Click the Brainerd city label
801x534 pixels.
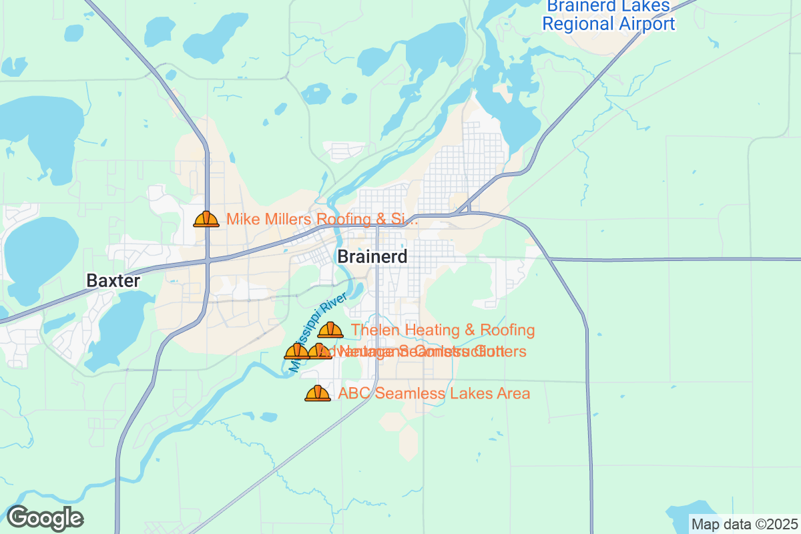coord(372,256)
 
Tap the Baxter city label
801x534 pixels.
coord(113,281)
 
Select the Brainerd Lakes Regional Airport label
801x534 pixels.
coord(608,15)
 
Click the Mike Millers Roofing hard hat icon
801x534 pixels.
coord(206,219)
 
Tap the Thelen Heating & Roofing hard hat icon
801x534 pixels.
coord(330,330)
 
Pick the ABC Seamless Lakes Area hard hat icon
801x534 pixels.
coord(318,393)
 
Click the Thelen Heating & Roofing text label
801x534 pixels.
coord(443,330)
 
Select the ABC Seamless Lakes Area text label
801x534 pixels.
coord(434,393)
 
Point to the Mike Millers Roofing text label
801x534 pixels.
coord(322,219)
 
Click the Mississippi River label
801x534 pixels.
coord(318,332)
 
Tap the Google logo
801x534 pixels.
coord(45,518)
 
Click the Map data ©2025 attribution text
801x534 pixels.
coord(744,524)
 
